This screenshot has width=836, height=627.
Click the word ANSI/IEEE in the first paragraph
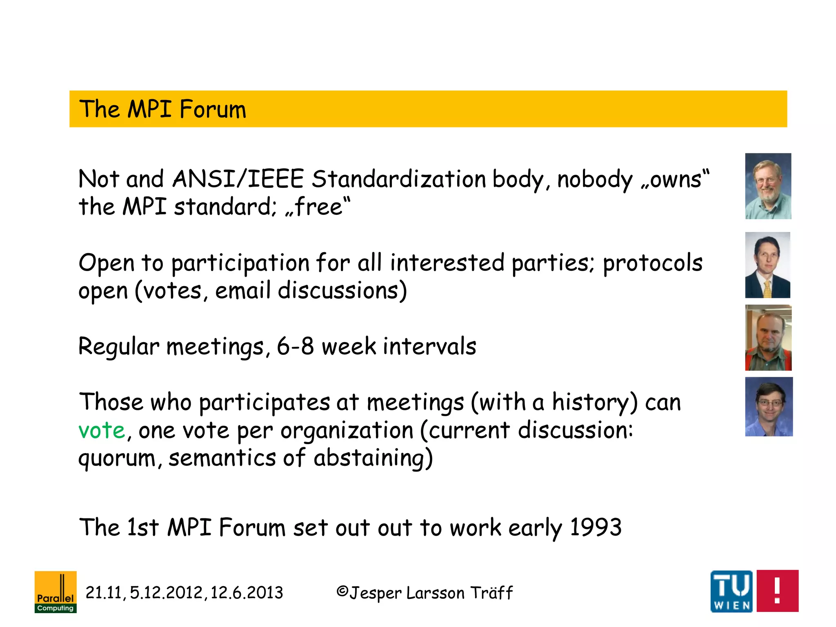(238, 179)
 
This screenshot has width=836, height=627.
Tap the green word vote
(102, 430)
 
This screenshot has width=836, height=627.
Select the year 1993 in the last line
(596, 527)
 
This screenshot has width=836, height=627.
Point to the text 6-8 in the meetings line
(295, 346)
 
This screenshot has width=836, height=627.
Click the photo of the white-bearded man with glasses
(768, 186)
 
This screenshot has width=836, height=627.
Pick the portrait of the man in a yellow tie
(767, 265)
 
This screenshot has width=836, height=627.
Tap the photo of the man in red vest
(768, 338)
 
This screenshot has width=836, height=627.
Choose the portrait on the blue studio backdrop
(768, 407)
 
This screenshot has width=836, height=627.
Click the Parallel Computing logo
(56, 591)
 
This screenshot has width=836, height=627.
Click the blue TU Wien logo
(731, 591)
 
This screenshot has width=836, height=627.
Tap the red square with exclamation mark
(777, 591)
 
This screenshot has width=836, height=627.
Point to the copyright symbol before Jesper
(342, 591)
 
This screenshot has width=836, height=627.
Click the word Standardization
(398, 179)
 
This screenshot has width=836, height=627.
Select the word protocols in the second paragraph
(652, 262)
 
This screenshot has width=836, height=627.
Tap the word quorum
(117, 458)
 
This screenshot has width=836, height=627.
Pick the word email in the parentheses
(242, 291)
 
